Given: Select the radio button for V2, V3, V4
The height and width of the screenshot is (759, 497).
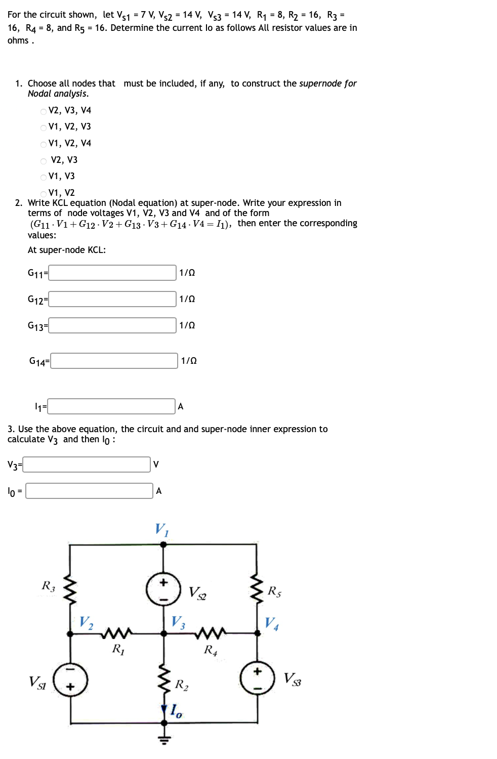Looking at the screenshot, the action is (44, 111).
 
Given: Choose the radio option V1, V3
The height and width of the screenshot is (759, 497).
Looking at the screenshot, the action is (44, 177).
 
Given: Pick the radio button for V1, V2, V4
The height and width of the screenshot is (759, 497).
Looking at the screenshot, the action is (44, 144).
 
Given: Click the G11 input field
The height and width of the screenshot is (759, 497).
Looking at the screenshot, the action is (112, 273).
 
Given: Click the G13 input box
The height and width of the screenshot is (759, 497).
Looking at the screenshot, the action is (112, 325).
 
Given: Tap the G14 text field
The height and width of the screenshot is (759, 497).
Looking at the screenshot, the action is (114, 361).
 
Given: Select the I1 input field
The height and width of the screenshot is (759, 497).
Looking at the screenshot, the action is (111, 406).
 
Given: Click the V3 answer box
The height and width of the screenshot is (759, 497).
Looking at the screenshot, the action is (87, 465).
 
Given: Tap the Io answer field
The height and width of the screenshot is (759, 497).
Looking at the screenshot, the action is (89, 491).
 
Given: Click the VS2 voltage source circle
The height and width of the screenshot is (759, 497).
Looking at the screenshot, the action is (163, 589).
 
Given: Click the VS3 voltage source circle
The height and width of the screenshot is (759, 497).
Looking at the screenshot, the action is (257, 678).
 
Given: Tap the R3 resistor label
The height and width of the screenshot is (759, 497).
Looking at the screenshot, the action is (48, 586).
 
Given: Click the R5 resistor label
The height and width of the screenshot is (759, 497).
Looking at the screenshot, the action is (274, 591).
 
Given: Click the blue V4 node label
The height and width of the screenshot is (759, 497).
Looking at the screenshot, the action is (272, 623).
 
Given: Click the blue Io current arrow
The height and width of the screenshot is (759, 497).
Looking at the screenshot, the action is (163, 710).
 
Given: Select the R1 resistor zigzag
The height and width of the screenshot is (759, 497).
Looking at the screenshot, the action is (117, 632).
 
